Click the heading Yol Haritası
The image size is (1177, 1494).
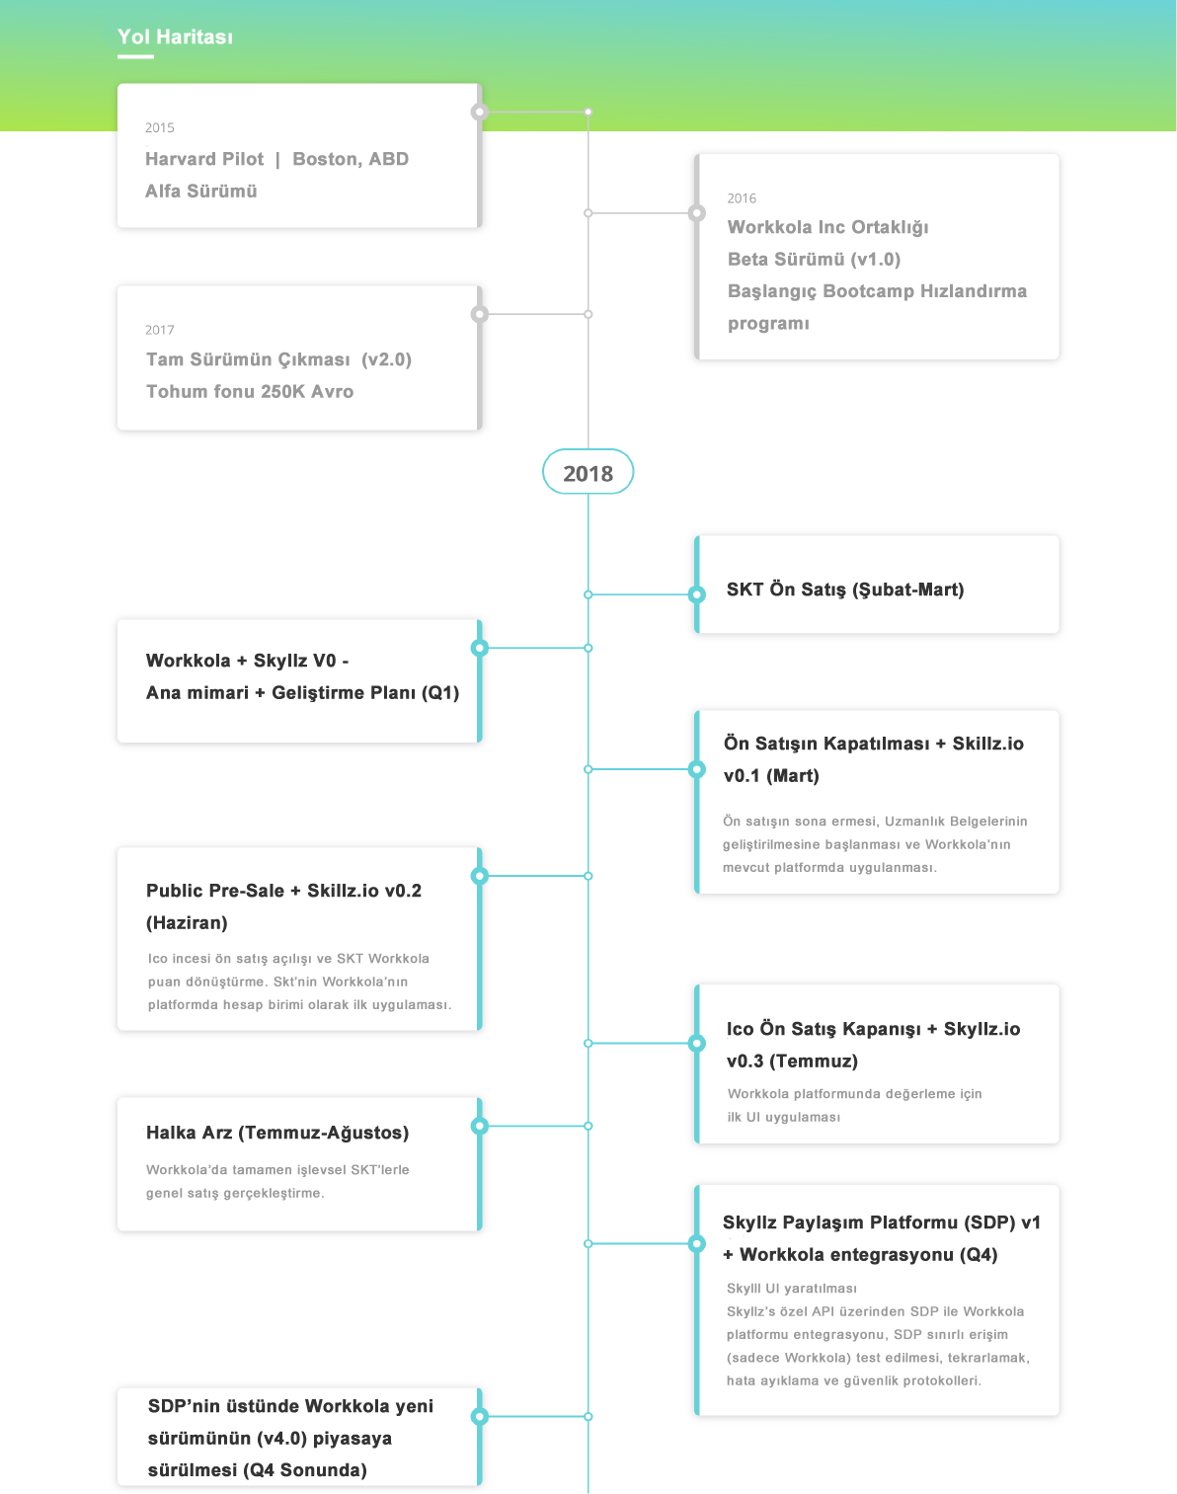[175, 37]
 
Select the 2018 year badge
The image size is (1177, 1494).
[588, 472]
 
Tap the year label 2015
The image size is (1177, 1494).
[160, 127]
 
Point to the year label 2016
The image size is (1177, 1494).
[742, 198]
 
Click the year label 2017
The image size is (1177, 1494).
[160, 330]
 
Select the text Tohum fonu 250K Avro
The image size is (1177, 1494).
[250, 392]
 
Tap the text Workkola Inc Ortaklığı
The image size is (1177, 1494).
[827, 228]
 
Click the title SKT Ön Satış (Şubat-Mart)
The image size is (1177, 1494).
[845, 590]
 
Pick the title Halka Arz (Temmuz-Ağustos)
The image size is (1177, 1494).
[277, 1133]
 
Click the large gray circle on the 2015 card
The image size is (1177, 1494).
[479, 112]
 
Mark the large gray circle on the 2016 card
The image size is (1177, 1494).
[696, 213]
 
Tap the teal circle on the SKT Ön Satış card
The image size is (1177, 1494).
[696, 594]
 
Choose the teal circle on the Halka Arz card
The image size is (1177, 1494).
[479, 1126]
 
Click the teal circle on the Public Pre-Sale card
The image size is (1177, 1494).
[479, 876]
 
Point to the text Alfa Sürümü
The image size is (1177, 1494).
[201, 191]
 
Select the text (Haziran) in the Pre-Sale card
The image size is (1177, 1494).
[187, 922]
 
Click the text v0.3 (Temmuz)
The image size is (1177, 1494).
[792, 1061]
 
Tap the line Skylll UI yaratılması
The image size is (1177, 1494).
[792, 1288]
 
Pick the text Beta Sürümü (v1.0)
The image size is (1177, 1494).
[814, 260]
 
